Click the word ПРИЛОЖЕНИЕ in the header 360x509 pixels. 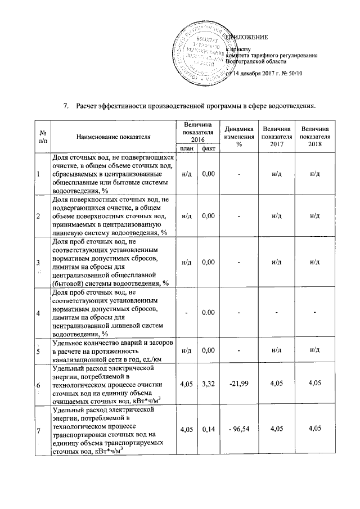coord(247,37)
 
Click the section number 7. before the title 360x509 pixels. coord(65,106)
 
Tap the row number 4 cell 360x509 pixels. coord(38,313)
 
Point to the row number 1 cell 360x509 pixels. coord(38,174)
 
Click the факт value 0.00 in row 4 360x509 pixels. coord(209,313)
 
